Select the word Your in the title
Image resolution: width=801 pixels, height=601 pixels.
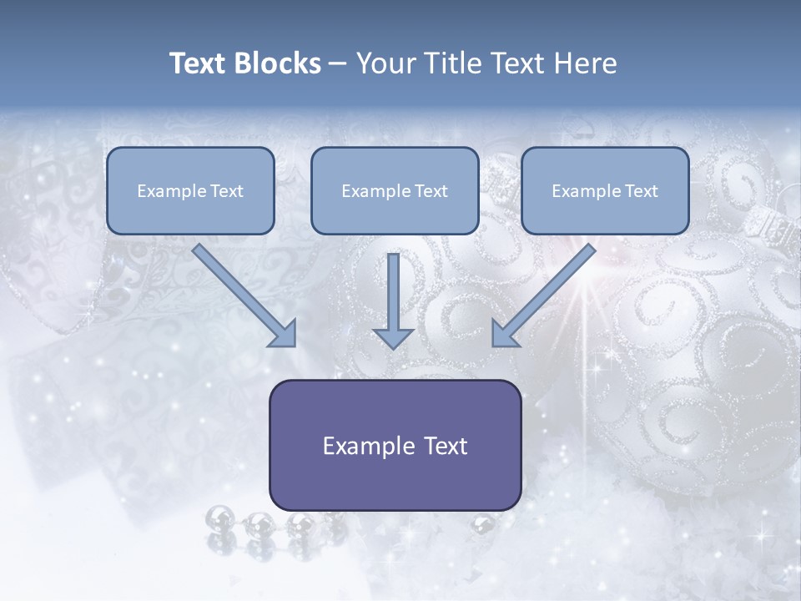(383, 63)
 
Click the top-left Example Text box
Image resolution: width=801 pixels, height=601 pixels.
(190, 191)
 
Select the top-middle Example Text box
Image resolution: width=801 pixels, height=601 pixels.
(395, 191)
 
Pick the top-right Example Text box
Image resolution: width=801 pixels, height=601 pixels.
(605, 191)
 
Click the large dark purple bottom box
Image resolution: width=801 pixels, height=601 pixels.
(395, 445)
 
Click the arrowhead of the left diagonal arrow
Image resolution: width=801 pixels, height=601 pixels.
(284, 333)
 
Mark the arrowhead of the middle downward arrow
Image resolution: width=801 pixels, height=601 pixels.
(393, 336)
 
